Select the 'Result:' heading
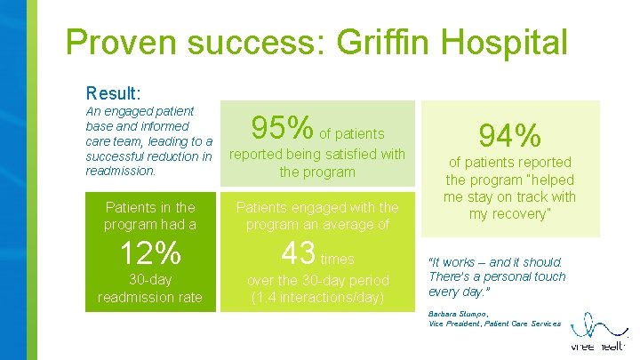click(114, 92)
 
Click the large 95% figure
click(282, 129)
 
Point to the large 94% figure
click(509, 136)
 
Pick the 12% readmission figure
click(149, 254)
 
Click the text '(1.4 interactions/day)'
click(318, 297)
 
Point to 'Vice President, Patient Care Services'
click(494, 324)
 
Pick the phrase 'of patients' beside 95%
click(353, 134)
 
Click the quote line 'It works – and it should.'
click(495, 262)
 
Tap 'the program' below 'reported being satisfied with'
click(318, 172)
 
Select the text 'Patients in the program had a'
click(149, 215)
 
